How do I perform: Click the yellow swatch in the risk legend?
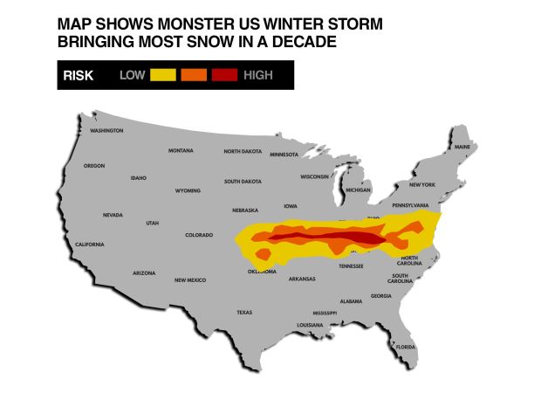pyautogui.click(x=162, y=75)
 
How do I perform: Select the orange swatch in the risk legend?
pyautogui.click(x=193, y=75)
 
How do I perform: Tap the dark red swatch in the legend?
pyautogui.click(x=223, y=75)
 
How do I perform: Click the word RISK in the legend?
pyautogui.click(x=79, y=75)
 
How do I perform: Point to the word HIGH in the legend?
pyautogui.click(x=258, y=75)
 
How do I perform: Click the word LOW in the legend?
pyautogui.click(x=132, y=75)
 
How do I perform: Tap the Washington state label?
pyautogui.click(x=106, y=131)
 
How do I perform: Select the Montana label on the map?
pyautogui.click(x=181, y=150)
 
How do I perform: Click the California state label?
pyautogui.click(x=90, y=244)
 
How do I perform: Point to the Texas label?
pyautogui.click(x=244, y=312)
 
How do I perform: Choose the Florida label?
pyautogui.click(x=406, y=347)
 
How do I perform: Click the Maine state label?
pyautogui.click(x=462, y=147)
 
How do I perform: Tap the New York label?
pyautogui.click(x=421, y=184)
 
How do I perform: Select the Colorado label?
pyautogui.click(x=199, y=234)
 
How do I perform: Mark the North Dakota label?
pyautogui.click(x=242, y=151)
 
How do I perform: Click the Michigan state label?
pyautogui.click(x=358, y=190)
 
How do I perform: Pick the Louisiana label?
pyautogui.click(x=310, y=325)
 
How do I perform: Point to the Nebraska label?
pyautogui.click(x=244, y=210)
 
